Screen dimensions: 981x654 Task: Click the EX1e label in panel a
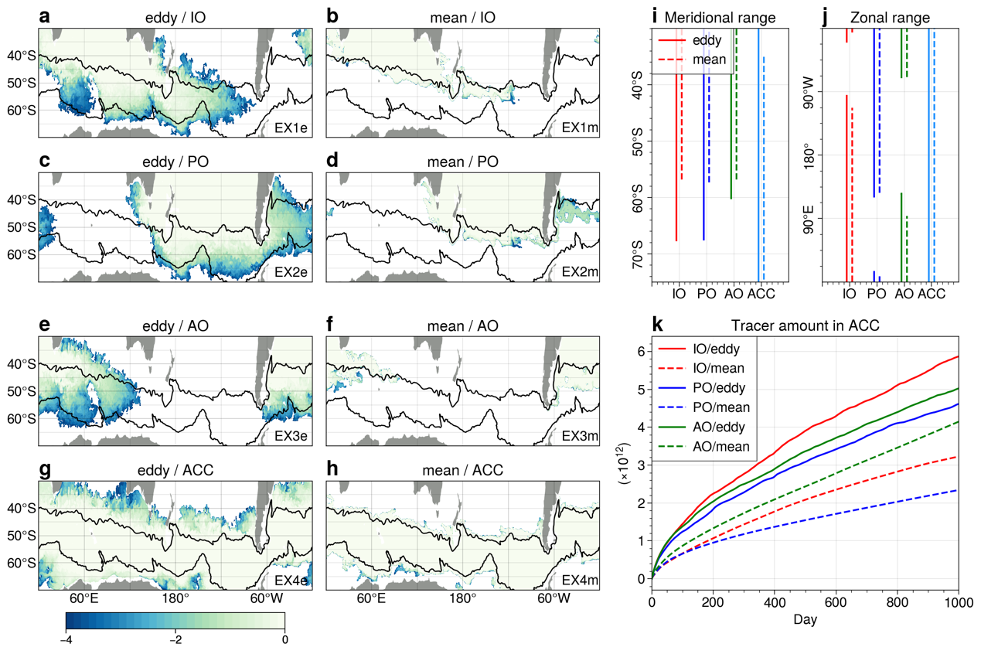tap(291, 128)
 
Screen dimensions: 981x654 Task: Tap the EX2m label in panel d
tap(580, 272)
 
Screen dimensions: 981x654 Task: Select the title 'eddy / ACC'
tap(175, 470)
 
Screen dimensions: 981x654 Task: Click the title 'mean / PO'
tap(463, 162)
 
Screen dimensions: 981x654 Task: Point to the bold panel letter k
tap(657, 325)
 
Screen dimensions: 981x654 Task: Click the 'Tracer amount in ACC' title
tap(805, 325)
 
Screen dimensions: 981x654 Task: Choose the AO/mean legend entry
tap(703, 446)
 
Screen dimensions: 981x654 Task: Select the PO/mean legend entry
tap(703, 407)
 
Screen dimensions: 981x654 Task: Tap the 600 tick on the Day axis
tap(836, 602)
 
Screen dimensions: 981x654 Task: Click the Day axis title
tap(805, 619)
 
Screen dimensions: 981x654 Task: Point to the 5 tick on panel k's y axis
tap(642, 390)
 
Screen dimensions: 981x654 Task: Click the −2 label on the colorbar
tap(175, 639)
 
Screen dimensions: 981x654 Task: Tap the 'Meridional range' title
tap(720, 18)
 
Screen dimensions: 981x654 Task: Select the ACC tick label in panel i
tap(761, 294)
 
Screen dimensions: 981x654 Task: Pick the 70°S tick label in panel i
tap(638, 254)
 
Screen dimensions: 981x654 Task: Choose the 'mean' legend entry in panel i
tap(692, 59)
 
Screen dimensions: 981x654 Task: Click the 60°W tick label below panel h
tap(554, 598)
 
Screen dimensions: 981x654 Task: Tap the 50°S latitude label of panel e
tap(22, 391)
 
